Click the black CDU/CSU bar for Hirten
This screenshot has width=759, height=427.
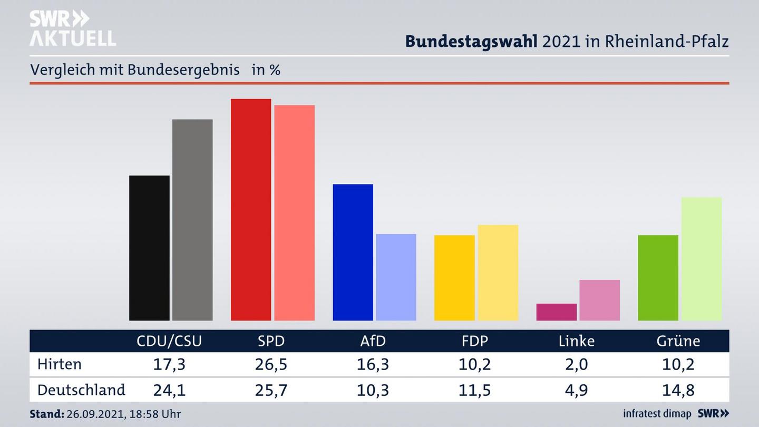tap(149, 248)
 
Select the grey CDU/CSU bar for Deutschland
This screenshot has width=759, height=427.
tap(192, 220)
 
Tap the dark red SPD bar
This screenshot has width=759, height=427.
tap(251, 209)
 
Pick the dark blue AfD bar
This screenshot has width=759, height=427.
tap(353, 252)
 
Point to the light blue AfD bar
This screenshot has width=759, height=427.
tap(396, 277)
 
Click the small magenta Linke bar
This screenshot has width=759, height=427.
tap(556, 312)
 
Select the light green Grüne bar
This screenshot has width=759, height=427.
tap(701, 258)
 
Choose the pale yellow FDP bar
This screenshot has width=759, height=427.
tap(498, 273)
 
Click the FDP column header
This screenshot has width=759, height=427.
tap(474, 341)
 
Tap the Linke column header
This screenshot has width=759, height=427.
tap(576, 341)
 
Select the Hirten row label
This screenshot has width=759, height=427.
tap(60, 364)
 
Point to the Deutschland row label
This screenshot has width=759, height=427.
tap(81, 390)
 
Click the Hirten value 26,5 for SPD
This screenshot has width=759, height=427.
tap(271, 364)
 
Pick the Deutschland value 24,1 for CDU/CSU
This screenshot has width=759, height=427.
tap(169, 390)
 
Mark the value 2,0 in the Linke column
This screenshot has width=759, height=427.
tap(576, 364)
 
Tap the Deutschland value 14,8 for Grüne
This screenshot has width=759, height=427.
tap(678, 390)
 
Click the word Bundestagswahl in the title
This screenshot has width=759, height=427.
tap(471, 42)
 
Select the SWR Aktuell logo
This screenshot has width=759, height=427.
tap(72, 28)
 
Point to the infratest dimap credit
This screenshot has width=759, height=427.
tap(657, 413)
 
